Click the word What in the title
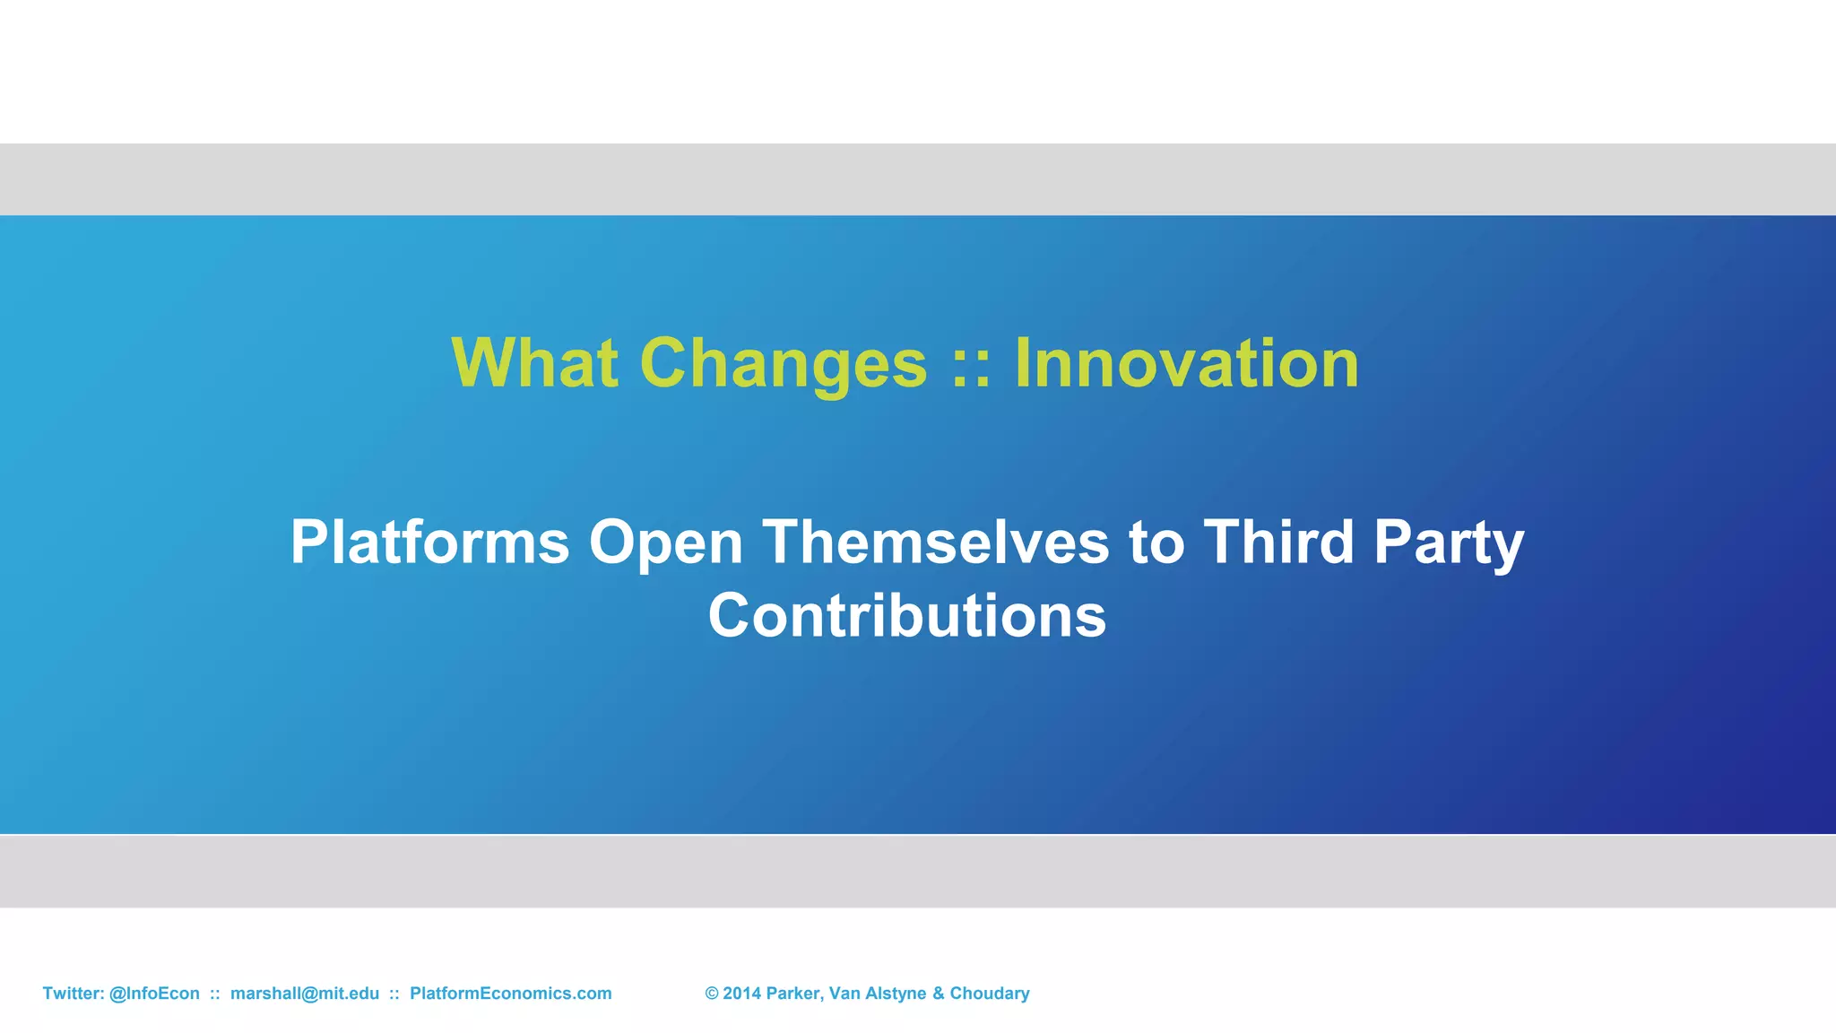534,363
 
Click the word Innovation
1186,363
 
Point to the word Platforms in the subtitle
429,543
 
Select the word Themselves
936,543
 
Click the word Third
1277,543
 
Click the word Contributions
907,616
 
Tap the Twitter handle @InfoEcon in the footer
154,994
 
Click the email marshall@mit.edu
305,994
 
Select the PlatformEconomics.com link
510,994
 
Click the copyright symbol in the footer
712,994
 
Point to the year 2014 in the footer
741,994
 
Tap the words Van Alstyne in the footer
877,994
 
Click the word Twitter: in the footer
74,994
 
